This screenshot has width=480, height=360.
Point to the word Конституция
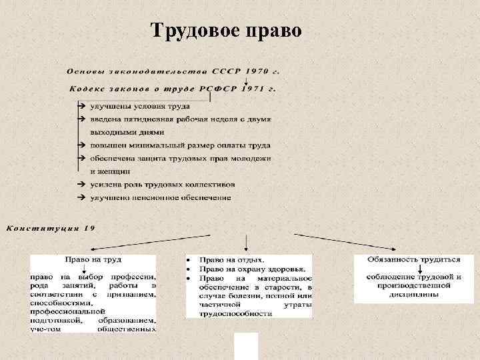click(x=41, y=228)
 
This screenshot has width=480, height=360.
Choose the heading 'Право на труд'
click(x=93, y=259)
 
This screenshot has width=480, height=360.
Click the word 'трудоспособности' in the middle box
click(x=235, y=313)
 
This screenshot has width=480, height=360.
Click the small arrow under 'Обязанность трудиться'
click(x=419, y=268)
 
